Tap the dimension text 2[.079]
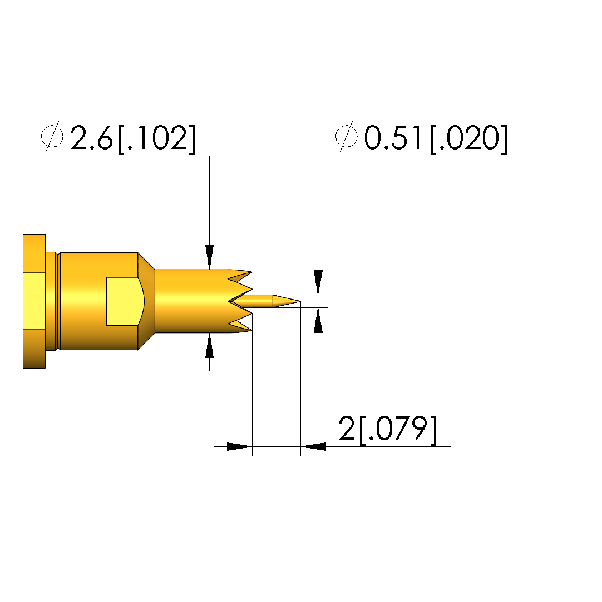(388, 429)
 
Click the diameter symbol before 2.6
(52, 137)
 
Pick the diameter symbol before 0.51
(347, 137)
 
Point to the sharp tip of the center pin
(300, 301)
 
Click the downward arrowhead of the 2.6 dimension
(209, 257)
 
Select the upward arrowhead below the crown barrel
(209, 345)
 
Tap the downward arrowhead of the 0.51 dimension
(318, 282)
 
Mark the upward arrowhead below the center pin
(318, 320)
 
